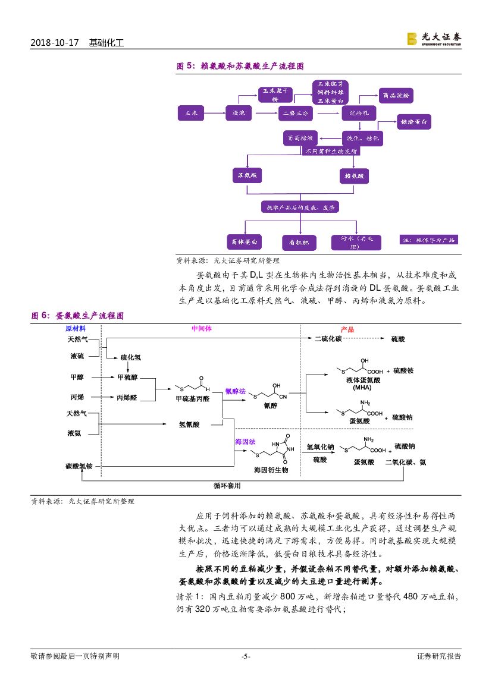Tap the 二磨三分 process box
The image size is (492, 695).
(296, 112)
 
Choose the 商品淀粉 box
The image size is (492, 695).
(396, 96)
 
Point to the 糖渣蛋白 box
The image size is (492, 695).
(415, 122)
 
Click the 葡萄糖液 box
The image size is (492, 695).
(300, 139)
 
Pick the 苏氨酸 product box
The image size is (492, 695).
(247, 175)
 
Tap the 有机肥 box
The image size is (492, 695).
(299, 243)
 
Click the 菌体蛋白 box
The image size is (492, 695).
(245, 242)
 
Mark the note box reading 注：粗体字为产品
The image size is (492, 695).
(428, 240)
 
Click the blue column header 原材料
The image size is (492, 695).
(76, 329)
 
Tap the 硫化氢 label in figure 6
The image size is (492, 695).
(130, 357)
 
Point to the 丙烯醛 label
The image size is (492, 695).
(127, 397)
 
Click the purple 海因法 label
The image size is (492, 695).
(245, 442)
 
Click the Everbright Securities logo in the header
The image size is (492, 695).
(434, 39)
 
